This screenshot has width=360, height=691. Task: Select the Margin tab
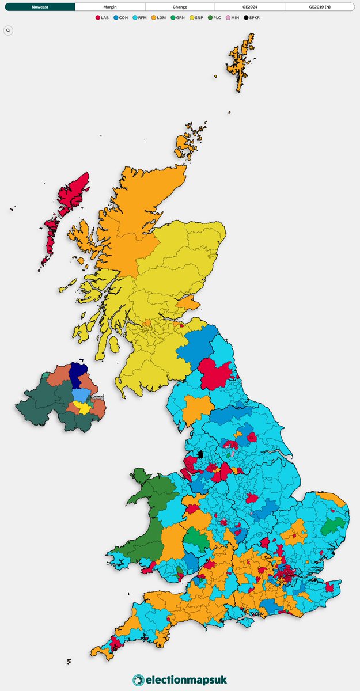(x=110, y=7)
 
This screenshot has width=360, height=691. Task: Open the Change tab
(x=180, y=7)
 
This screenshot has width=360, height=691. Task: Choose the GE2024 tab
(x=250, y=7)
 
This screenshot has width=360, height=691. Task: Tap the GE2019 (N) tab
(x=320, y=7)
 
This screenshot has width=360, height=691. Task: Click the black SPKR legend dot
(x=246, y=18)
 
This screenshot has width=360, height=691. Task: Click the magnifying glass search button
(x=8, y=30)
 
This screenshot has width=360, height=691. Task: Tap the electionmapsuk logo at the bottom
(x=180, y=680)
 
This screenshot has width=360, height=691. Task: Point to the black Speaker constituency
(x=200, y=454)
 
